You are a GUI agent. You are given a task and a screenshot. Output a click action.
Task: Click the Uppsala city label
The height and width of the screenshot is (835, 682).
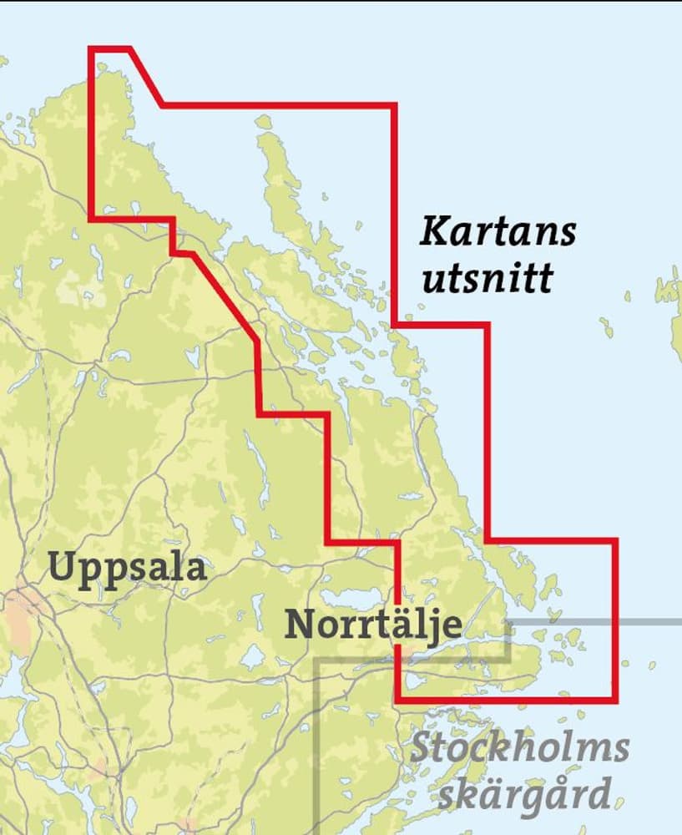[x=127, y=568]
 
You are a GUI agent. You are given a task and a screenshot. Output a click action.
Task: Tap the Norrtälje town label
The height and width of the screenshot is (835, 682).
[x=372, y=625]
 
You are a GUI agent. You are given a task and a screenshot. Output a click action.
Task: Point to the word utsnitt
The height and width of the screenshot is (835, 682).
[x=488, y=279]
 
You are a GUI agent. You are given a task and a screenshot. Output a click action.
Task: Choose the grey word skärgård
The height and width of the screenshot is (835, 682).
[x=523, y=794]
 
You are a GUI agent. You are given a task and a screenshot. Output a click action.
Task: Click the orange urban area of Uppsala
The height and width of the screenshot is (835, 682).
[x=18, y=614]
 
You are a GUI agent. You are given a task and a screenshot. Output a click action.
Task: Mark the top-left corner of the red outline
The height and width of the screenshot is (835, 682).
[x=90, y=48]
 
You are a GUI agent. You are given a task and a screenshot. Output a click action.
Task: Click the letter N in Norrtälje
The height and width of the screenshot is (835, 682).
[x=298, y=624]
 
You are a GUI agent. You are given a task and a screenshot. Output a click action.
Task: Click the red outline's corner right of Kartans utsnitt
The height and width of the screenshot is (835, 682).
[x=487, y=325]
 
